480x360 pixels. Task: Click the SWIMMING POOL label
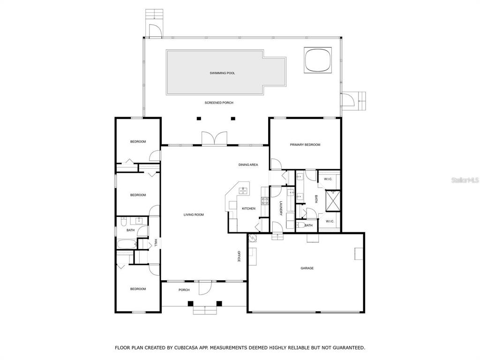tap(222, 73)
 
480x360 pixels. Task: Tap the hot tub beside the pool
tap(319, 60)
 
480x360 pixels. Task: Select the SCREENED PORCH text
tap(218, 103)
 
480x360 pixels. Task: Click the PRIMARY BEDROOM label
tap(305, 145)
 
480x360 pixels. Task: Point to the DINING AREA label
tap(248, 165)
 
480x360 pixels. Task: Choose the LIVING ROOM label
tap(193, 215)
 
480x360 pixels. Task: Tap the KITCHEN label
tap(248, 209)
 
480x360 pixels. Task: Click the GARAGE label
tap(307, 268)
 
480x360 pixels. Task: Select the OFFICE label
tap(239, 256)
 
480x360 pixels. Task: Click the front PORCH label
tap(184, 290)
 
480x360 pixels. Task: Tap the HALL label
tap(156, 242)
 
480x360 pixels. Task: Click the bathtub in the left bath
tap(126, 244)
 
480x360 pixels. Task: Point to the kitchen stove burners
tap(264, 201)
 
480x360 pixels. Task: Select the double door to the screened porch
tap(214, 139)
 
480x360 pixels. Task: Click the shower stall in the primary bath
tap(333, 199)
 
